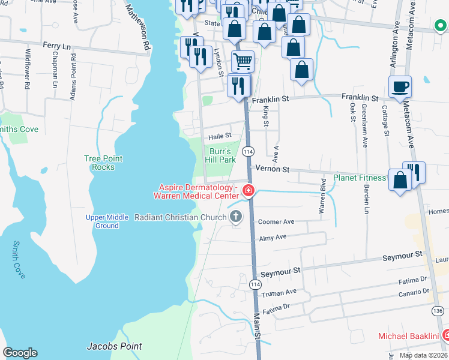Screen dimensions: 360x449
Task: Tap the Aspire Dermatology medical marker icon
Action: (x=248, y=192)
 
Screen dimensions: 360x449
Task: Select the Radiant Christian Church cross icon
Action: (x=236, y=217)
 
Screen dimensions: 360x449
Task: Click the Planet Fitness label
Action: (x=360, y=178)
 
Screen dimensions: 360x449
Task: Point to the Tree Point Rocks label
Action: (x=103, y=163)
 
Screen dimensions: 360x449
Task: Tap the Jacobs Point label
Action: (x=114, y=346)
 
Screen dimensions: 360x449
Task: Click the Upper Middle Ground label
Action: (x=107, y=221)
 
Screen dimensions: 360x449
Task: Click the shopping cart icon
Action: (x=243, y=61)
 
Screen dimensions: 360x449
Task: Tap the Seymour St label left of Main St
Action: (x=280, y=272)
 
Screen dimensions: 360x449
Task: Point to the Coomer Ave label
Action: (x=276, y=222)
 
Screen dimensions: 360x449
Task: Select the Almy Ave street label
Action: (x=273, y=238)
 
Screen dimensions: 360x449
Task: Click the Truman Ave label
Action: (x=279, y=293)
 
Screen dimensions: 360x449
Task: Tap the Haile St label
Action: (x=220, y=136)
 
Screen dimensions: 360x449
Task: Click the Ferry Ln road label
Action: (x=57, y=45)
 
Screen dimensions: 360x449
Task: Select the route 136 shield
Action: (x=437, y=310)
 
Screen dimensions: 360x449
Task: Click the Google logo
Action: (x=20, y=352)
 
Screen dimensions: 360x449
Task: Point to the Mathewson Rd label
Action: (x=137, y=27)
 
